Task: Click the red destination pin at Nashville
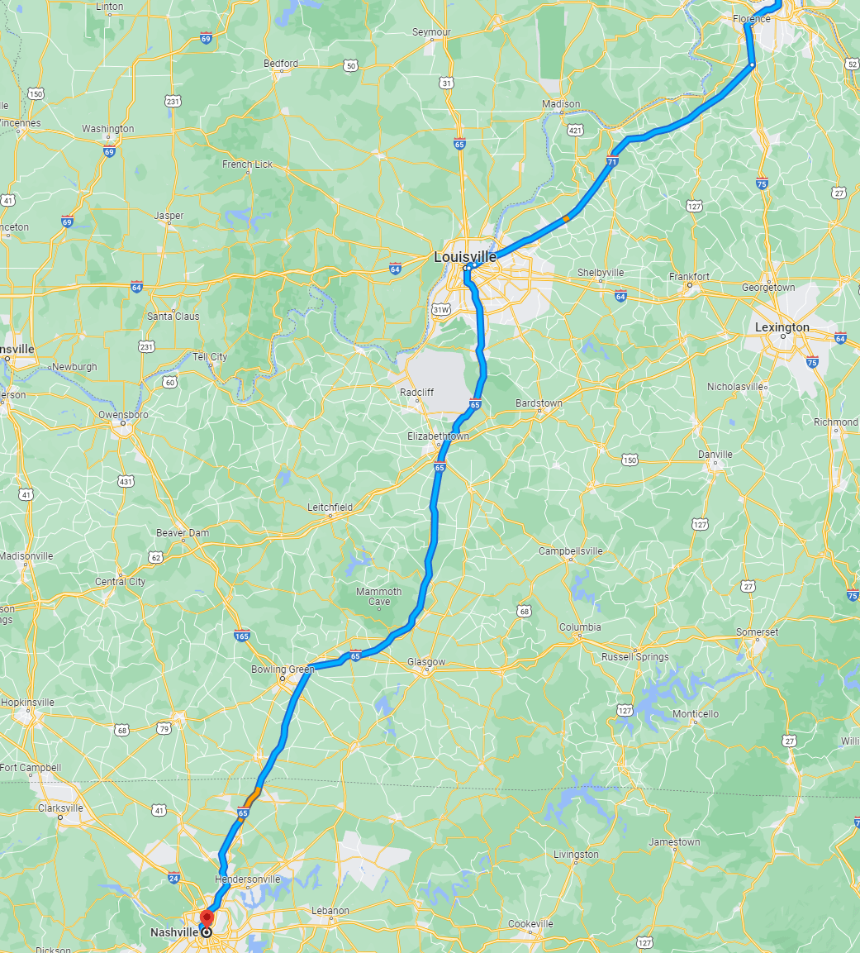[206, 918]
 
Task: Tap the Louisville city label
[465, 257]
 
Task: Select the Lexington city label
[782, 327]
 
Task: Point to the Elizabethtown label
[438, 436]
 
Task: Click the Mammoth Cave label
[378, 597]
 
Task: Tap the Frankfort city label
[689, 277]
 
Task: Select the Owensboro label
[123, 414]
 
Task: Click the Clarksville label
[60, 808]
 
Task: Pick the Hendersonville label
[247, 879]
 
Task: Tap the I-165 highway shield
[241, 636]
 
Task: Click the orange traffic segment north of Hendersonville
[253, 797]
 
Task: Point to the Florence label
[751, 18]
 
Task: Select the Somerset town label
[757, 632]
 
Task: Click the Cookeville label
[530, 923]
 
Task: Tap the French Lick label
[247, 164]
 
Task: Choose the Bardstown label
[538, 403]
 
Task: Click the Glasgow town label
[426, 662]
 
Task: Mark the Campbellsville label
[570, 551]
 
